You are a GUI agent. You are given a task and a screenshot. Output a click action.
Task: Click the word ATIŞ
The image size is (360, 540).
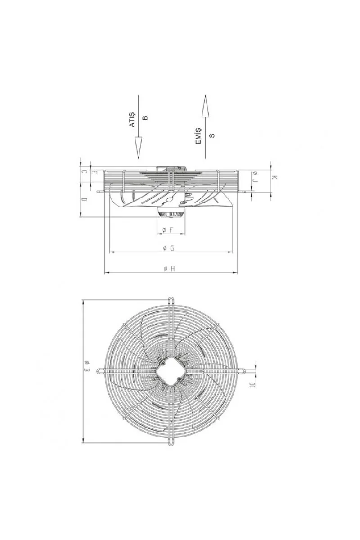[x=132, y=120]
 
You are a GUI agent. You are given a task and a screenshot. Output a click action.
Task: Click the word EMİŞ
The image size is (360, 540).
[x=198, y=136]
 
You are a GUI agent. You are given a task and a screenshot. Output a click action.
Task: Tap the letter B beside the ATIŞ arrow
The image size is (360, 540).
[x=145, y=117]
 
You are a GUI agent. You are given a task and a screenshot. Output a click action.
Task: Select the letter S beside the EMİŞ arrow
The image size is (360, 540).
[x=211, y=135]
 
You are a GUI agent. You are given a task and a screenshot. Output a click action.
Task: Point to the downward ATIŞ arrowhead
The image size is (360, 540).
[x=138, y=148]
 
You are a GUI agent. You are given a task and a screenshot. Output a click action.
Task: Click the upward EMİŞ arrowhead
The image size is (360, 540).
[x=205, y=106]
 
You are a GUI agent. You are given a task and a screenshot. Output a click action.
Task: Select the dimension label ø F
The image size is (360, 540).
[x=168, y=230]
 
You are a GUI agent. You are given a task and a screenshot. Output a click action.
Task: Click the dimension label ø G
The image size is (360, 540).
[x=169, y=248]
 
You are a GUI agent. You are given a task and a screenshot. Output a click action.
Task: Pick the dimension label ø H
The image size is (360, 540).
[x=169, y=269]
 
